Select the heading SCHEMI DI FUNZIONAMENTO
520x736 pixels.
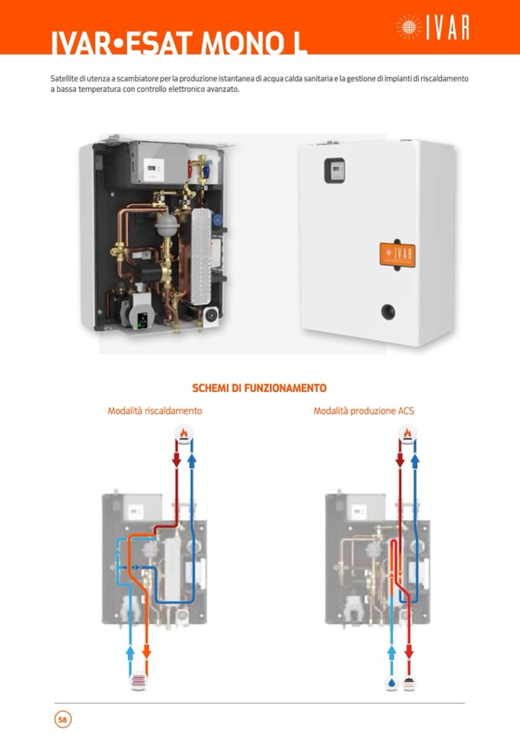pos(259,388)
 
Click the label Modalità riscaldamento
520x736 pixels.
pos(155,411)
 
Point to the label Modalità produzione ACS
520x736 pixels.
pos(364,411)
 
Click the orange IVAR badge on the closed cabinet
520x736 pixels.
pos(397,253)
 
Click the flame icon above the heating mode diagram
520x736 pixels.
pos(183,435)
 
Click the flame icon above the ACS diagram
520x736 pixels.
pos(407,435)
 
